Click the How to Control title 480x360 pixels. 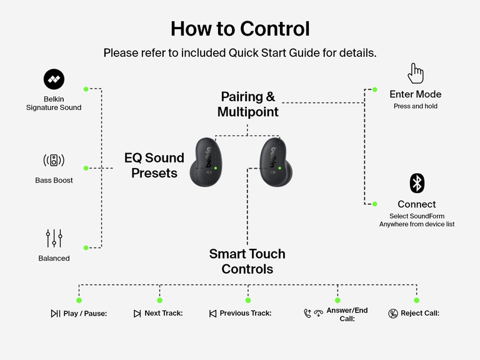pyautogui.click(x=240, y=29)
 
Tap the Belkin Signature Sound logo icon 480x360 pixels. pyautogui.click(x=54, y=79)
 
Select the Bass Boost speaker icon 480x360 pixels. pyautogui.click(x=54, y=160)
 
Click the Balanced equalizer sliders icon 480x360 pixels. pyautogui.click(x=54, y=238)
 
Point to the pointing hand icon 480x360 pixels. pyautogui.click(x=416, y=73)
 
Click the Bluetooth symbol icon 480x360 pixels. pyautogui.click(x=417, y=183)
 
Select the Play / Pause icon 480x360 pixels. pyautogui.click(x=56, y=314)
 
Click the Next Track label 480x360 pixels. pyautogui.click(x=163, y=313)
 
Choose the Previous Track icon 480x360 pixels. pyautogui.click(x=212, y=314)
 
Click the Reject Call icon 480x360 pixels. pyautogui.click(x=392, y=314)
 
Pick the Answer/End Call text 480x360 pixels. pyautogui.click(x=347, y=314)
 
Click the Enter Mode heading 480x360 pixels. pyautogui.click(x=415, y=94)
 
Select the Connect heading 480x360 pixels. pyautogui.click(x=416, y=204)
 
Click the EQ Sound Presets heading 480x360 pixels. pyautogui.click(x=154, y=165)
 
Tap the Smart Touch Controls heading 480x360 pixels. pyautogui.click(x=247, y=261)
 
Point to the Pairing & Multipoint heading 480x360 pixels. pyautogui.click(x=247, y=104)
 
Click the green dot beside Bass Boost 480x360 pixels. pyautogui.click(x=86, y=168)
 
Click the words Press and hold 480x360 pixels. pyautogui.click(x=415, y=106)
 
